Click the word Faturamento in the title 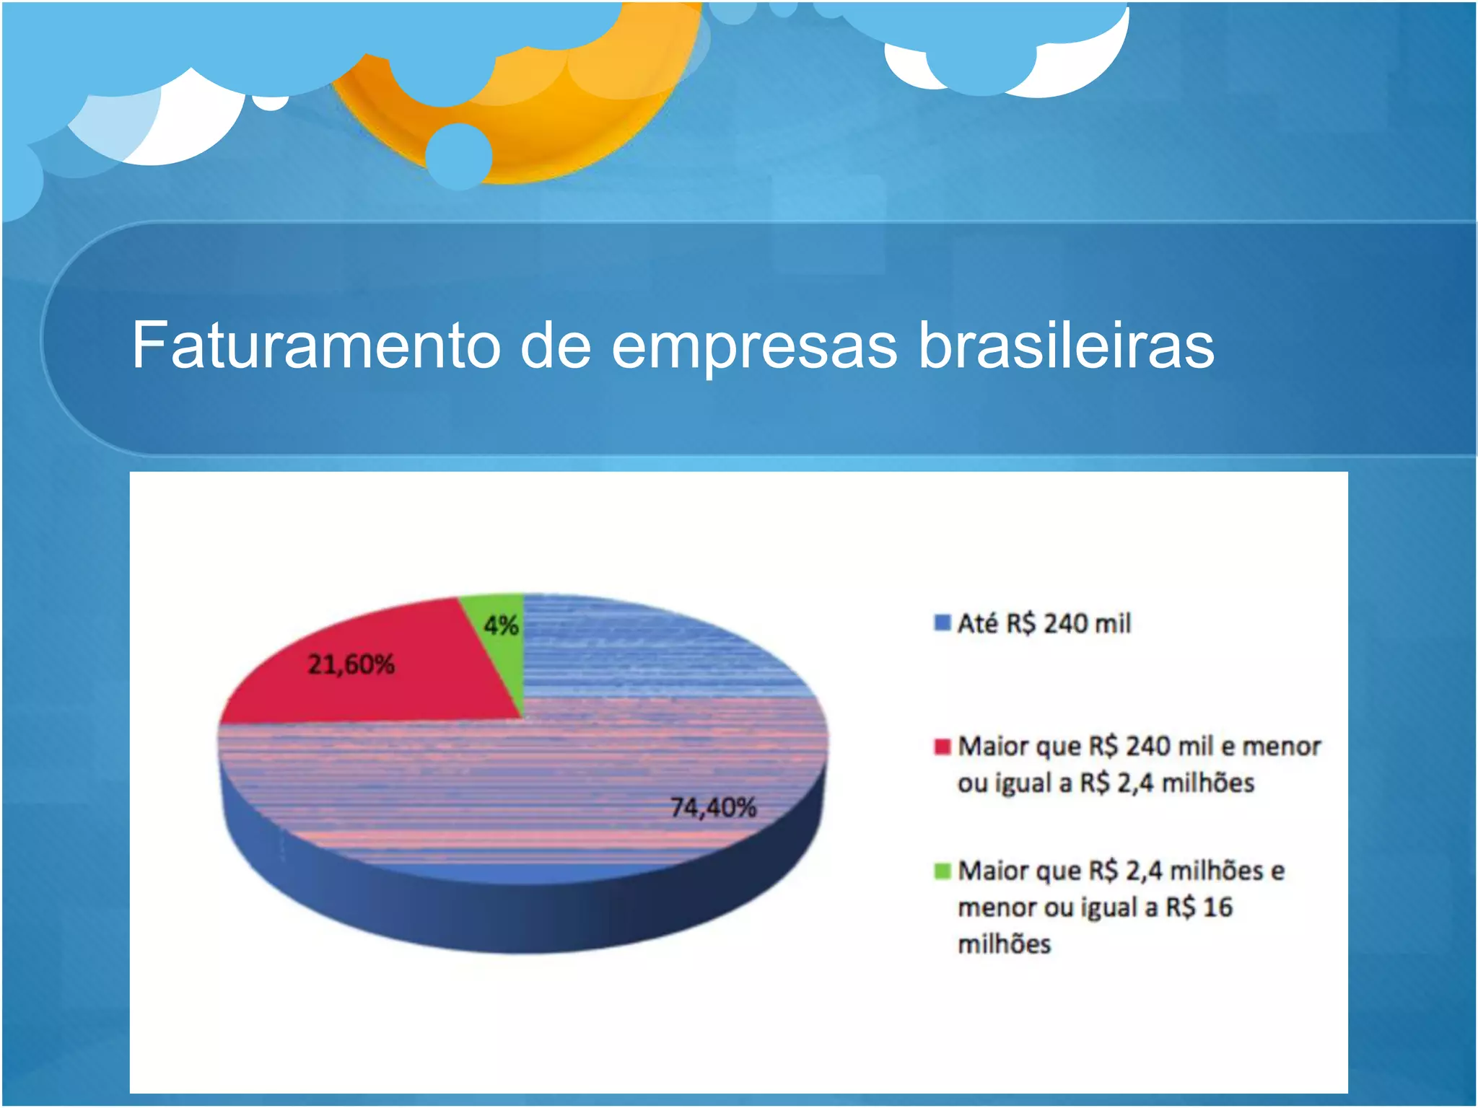(x=315, y=346)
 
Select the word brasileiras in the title (x=1066, y=346)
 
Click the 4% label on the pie (x=501, y=625)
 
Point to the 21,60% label (x=351, y=664)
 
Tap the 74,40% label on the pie (x=713, y=807)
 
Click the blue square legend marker (x=942, y=623)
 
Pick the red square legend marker (x=942, y=746)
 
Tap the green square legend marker (x=942, y=871)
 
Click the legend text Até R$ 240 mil (x=1044, y=623)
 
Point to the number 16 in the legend (x=1217, y=907)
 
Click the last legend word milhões (x=1004, y=944)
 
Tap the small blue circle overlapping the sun (x=459, y=157)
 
